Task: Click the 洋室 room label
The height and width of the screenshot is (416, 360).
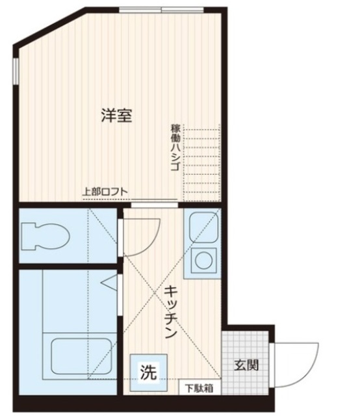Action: [x=118, y=116]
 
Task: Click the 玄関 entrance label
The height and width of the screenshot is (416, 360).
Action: [x=246, y=365]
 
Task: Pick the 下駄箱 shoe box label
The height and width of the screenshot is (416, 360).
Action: [x=199, y=389]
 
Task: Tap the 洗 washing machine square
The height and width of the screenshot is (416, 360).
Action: [x=148, y=373]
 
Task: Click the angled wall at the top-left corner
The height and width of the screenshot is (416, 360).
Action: [x=49, y=28]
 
